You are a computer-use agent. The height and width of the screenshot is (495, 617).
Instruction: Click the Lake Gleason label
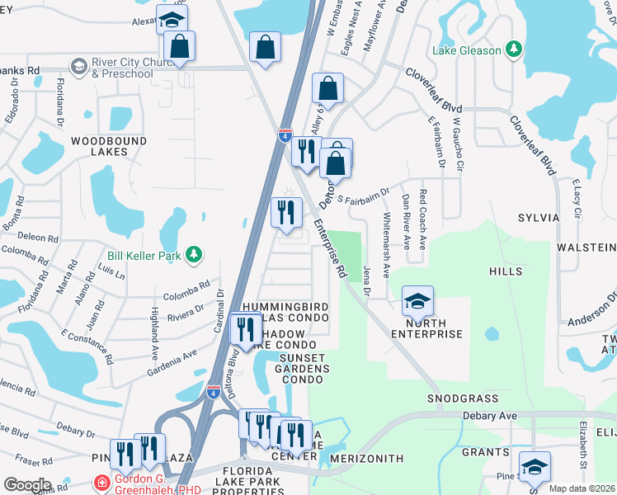point(467,50)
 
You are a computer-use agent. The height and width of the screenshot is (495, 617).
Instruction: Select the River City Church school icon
point(79,65)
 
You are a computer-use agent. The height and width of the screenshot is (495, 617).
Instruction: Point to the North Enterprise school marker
point(417,301)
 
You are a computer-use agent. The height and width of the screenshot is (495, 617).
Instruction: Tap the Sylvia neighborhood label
point(539,217)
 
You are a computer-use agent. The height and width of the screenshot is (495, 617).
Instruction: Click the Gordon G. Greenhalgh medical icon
point(101,482)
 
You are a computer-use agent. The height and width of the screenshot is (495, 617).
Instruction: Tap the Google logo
point(27,484)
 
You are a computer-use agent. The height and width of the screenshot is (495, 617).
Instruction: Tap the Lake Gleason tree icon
point(514,49)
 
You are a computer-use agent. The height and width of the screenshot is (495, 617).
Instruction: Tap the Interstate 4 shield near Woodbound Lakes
point(285,134)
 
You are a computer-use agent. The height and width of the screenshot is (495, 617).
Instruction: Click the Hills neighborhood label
point(505,271)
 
